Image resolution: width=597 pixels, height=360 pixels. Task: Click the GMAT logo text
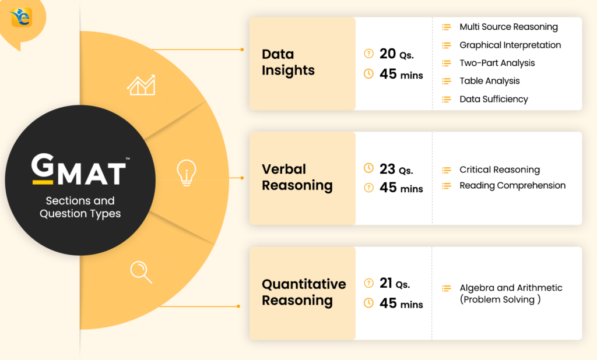pos(78,170)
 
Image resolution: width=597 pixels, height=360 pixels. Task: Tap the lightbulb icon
pos(187,173)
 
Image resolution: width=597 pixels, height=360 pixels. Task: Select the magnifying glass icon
pos(141,271)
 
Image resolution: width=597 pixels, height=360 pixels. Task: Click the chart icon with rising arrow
pos(141,85)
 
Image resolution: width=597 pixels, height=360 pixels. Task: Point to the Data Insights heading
pos(288,62)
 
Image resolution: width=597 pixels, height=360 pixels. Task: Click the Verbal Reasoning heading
pos(297,177)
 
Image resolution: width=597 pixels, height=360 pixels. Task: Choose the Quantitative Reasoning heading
pos(303,292)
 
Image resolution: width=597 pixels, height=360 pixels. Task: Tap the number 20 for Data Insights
pos(387,54)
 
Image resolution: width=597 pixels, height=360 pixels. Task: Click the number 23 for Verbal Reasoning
pos(387,169)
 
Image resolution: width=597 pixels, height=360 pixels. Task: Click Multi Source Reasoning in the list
pos(508,27)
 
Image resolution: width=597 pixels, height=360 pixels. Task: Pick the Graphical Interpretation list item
pos(510,45)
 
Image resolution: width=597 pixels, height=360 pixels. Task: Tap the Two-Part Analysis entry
pos(497,63)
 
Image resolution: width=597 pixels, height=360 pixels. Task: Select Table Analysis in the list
pos(489,81)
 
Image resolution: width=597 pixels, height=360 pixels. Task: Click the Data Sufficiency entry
pos(493,99)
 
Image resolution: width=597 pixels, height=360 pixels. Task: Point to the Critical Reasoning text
pos(500,170)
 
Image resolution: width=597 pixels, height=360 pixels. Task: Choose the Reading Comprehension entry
pos(512,185)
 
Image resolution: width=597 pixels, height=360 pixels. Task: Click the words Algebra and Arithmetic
pos(511,288)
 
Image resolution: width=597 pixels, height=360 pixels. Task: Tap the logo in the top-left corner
pos(21,17)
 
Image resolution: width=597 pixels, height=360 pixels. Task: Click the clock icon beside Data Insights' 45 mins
pos(368,74)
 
